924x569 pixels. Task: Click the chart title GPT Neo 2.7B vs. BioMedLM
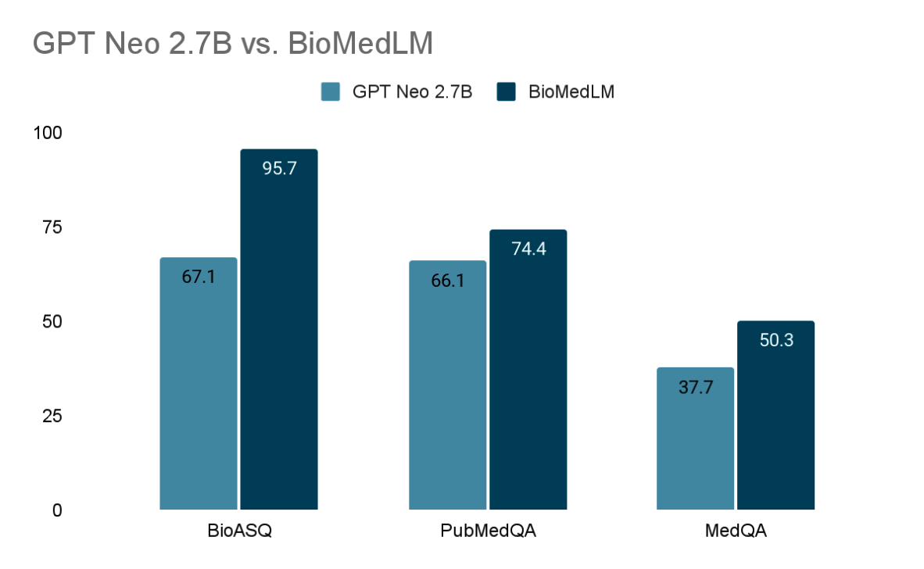pyautogui.click(x=232, y=45)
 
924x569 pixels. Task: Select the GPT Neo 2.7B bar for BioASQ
pyautogui.click(x=198, y=391)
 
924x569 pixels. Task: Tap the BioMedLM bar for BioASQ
pyautogui.click(x=278, y=336)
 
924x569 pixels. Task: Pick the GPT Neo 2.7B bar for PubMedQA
pyautogui.click(x=447, y=391)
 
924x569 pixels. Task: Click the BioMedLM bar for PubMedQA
pyautogui.click(x=528, y=375)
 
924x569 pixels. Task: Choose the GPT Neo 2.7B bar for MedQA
pyautogui.click(x=695, y=446)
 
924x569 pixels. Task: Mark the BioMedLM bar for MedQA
pyautogui.click(x=775, y=422)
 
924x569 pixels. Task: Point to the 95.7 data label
pyautogui.click(x=279, y=168)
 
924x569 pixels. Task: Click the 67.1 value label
pyautogui.click(x=199, y=277)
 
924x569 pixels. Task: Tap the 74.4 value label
pyautogui.click(x=528, y=249)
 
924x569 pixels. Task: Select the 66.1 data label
pyautogui.click(x=448, y=281)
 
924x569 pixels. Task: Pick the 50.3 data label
pyautogui.click(x=776, y=340)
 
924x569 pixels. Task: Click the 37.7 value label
pyautogui.click(x=696, y=388)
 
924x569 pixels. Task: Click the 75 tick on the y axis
pyautogui.click(x=52, y=227)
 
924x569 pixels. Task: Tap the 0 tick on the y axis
pyautogui.click(x=56, y=510)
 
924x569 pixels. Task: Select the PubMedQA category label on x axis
pyautogui.click(x=488, y=531)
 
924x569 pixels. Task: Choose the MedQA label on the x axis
pyautogui.click(x=736, y=531)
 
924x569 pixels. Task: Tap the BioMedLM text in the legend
pyautogui.click(x=571, y=92)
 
